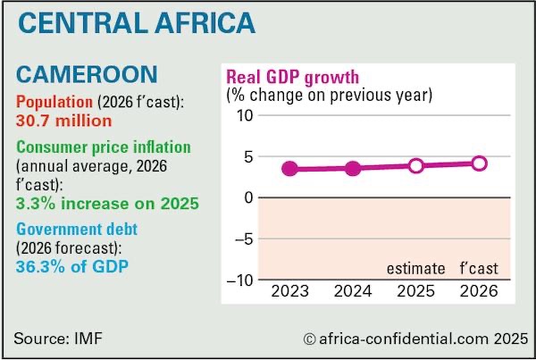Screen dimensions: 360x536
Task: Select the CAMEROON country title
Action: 87,74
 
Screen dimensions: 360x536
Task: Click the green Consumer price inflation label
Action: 104,147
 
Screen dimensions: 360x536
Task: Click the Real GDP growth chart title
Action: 292,76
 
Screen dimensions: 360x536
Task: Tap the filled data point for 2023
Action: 289,169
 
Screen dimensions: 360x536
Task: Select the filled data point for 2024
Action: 353,168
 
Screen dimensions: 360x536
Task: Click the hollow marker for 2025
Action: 416,165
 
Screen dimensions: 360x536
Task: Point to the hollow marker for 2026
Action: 480,163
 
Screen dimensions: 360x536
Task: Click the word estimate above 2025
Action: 415,268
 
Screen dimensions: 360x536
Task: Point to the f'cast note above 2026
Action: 479,268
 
